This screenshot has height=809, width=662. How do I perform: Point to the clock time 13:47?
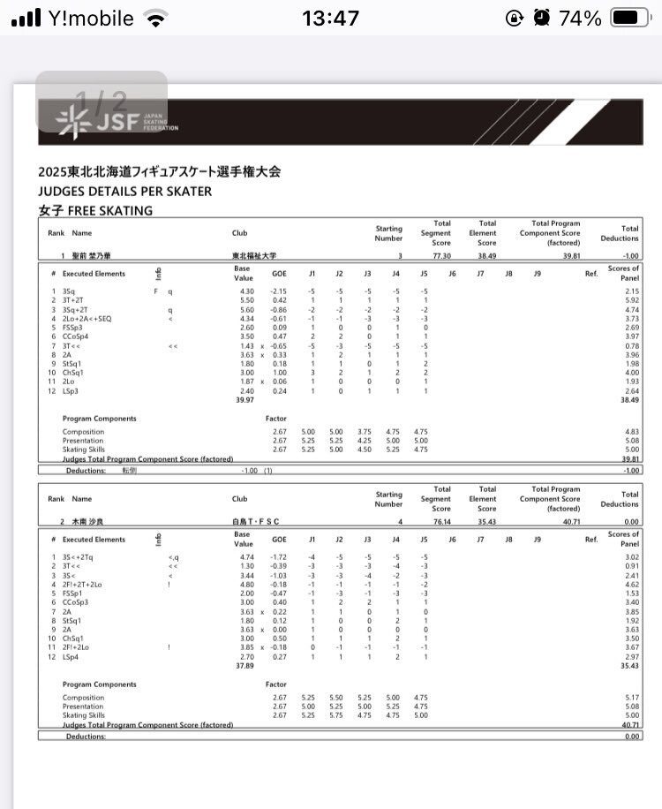coord(330,18)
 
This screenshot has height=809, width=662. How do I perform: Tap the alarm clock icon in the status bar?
coord(543,18)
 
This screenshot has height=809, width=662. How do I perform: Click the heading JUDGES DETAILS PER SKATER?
coord(124,191)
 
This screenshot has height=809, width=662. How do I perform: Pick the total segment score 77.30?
coord(441,255)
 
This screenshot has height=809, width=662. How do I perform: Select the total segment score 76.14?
coord(441,522)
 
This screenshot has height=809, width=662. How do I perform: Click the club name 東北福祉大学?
coord(249,255)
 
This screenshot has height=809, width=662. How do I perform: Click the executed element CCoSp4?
coord(74,336)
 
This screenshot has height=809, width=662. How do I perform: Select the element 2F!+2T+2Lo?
coord(84,585)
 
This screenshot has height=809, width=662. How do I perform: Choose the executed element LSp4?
coord(69,656)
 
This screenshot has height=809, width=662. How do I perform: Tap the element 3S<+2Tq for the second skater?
coord(79,557)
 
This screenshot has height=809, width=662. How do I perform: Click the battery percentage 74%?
coord(581,18)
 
